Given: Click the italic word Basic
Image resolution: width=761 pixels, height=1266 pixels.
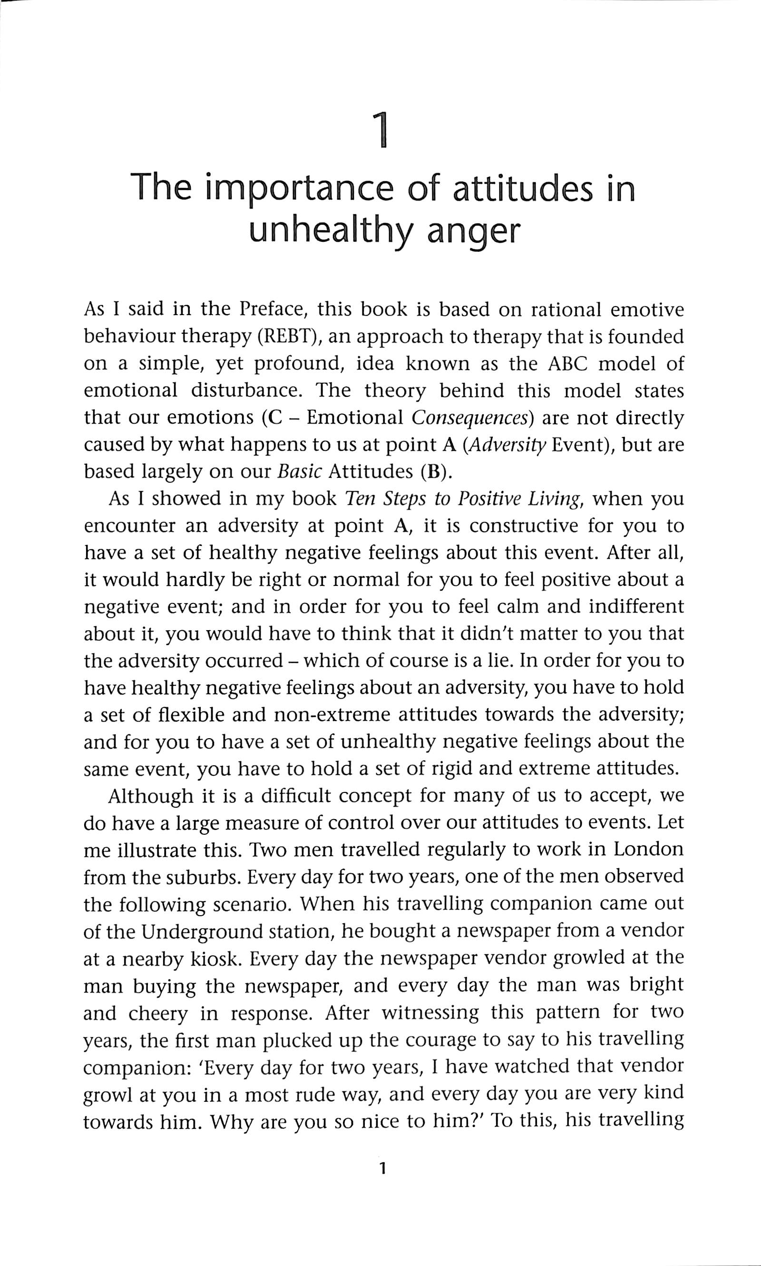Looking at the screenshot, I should click(x=296, y=472).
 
